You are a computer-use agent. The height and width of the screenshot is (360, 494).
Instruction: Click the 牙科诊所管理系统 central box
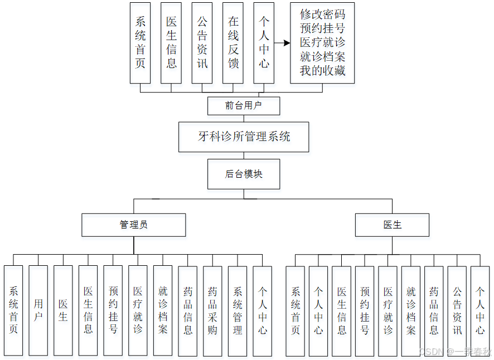coord(244,137)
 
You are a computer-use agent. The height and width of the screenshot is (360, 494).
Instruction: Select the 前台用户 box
coord(244,105)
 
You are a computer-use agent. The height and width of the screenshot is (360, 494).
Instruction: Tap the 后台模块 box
coord(244,174)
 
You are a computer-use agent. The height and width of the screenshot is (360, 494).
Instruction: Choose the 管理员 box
coord(134,225)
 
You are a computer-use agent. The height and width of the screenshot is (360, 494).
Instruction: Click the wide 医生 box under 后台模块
coord(393,225)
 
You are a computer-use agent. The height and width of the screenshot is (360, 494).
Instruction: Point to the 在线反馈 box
coord(233,43)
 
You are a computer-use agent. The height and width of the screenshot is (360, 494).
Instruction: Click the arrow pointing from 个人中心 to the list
coord(283,43)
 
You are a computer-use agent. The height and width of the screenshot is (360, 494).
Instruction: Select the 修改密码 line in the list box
coord(322,14)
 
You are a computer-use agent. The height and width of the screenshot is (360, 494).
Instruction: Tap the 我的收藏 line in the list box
coord(322,71)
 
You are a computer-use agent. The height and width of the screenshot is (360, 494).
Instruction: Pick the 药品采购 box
coord(212,310)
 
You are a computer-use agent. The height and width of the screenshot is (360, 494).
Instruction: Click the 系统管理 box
coord(238,310)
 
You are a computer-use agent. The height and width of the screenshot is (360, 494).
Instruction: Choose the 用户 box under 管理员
coord(38,310)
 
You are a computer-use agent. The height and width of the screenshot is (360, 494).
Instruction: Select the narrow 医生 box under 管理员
coord(63,310)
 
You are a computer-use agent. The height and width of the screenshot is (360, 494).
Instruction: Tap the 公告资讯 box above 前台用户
coord(202,43)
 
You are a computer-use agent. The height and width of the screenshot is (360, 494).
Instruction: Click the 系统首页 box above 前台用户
coord(141,43)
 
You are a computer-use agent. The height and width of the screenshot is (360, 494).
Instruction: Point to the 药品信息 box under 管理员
coord(188,310)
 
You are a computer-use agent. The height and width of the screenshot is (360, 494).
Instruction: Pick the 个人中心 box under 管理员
coord(262,310)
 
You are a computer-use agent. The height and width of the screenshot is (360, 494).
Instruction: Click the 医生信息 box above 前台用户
coord(171,43)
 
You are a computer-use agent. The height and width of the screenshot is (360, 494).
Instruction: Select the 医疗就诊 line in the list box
coord(322,42)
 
